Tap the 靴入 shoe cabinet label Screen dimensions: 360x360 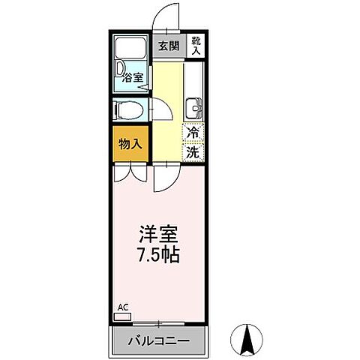pyautogui.click(x=195, y=46)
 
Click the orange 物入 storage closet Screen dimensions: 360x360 pyautogui.click(x=130, y=142)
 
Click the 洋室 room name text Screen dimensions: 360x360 pyautogui.click(x=157, y=233)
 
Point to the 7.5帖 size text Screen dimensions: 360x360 pyautogui.click(x=157, y=254)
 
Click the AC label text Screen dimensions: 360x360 pyautogui.click(x=122, y=307)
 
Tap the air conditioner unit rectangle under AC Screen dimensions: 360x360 pyautogui.click(x=121, y=316)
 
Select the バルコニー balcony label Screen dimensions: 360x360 pyautogui.click(x=157, y=342)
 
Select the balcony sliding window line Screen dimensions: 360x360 pyautogui.click(x=157, y=323)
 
